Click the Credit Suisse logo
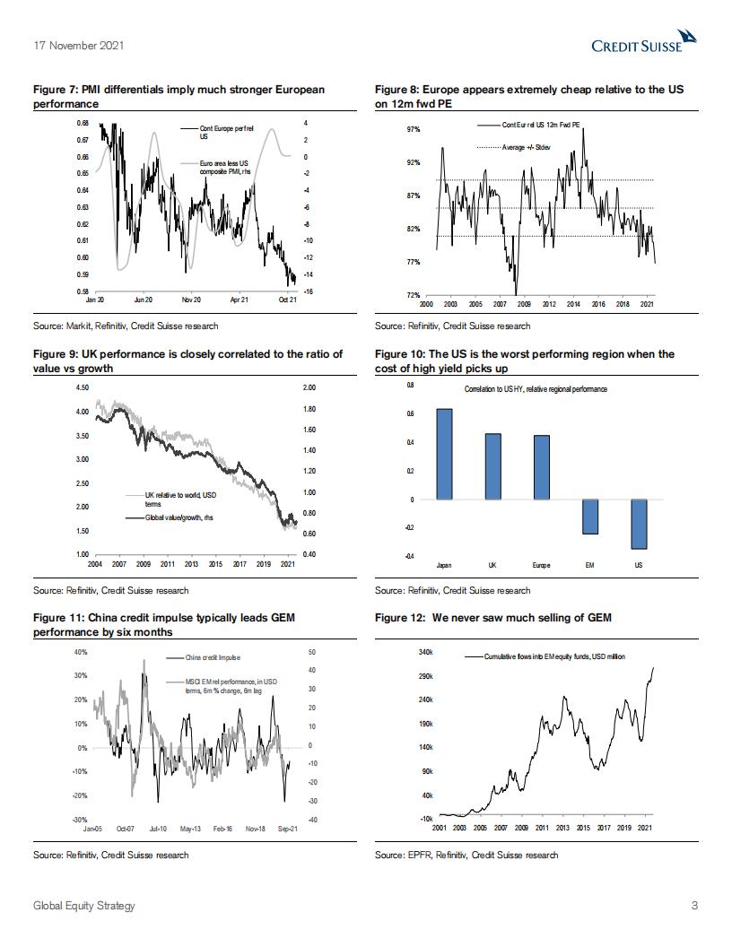click(644, 41)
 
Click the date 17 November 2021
click(78, 45)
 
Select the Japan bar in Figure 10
click(444, 454)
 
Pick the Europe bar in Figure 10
click(541, 467)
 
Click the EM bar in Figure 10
click(589, 517)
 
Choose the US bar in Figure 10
click(638, 524)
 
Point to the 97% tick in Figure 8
click(414, 130)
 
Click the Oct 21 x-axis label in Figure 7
click(286, 300)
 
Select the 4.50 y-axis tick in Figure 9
click(82, 387)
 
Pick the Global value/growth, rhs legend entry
click(174, 517)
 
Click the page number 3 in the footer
click(694, 906)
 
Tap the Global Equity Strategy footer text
click(84, 906)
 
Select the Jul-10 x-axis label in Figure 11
click(159, 829)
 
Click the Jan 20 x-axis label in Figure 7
click(95, 300)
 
